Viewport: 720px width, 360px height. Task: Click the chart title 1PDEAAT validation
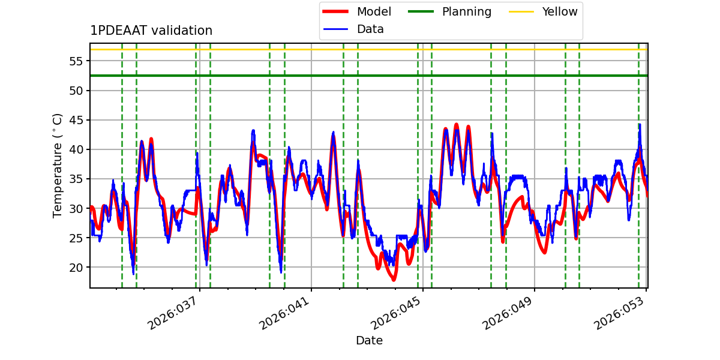pyautogui.click(x=151, y=31)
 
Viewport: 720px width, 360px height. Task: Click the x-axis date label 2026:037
pyautogui.click(x=173, y=314)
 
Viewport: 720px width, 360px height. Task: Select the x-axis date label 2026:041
pyautogui.click(x=285, y=314)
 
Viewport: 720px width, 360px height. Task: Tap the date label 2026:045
pyautogui.click(x=397, y=314)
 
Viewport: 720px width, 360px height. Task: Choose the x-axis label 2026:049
pyautogui.click(x=508, y=314)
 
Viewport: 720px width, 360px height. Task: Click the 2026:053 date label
pyautogui.click(x=620, y=314)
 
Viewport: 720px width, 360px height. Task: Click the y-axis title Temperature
pyautogui.click(x=58, y=165)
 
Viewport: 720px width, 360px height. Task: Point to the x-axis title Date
pyautogui.click(x=369, y=341)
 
